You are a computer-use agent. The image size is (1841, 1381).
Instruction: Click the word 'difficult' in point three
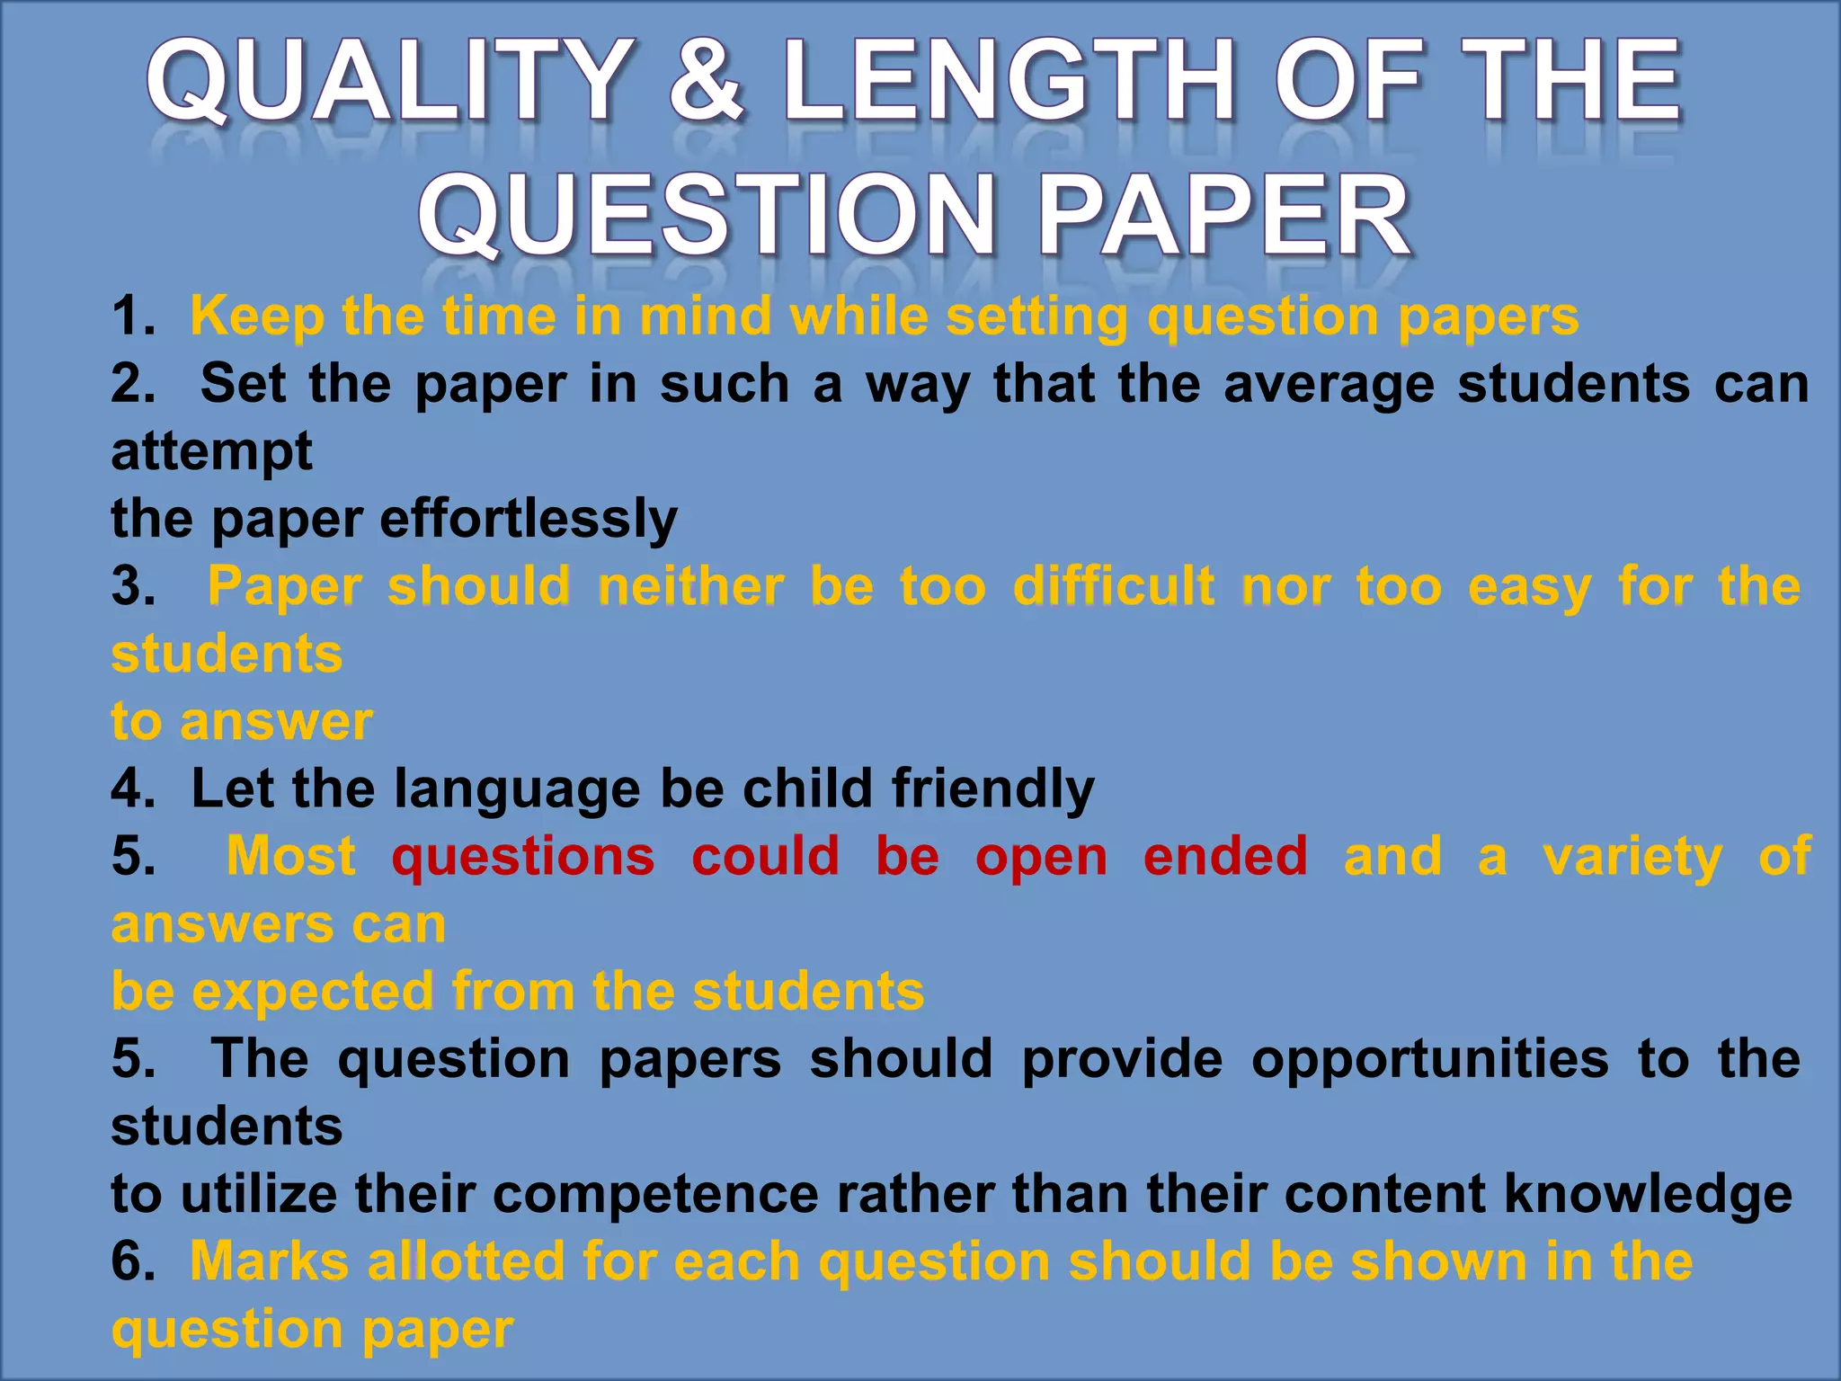[x=1113, y=586]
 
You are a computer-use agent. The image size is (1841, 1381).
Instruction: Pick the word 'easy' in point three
[x=1529, y=586]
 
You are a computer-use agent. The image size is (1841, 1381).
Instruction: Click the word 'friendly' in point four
[x=992, y=789]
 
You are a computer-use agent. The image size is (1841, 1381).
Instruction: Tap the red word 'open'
[x=1041, y=856]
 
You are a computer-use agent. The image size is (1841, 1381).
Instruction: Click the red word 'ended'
[x=1225, y=856]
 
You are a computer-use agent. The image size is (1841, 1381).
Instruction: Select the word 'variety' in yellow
[x=1632, y=856]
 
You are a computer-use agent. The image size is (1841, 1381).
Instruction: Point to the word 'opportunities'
[x=1429, y=1058]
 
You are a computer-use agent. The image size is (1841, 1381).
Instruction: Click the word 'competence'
[x=655, y=1194]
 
